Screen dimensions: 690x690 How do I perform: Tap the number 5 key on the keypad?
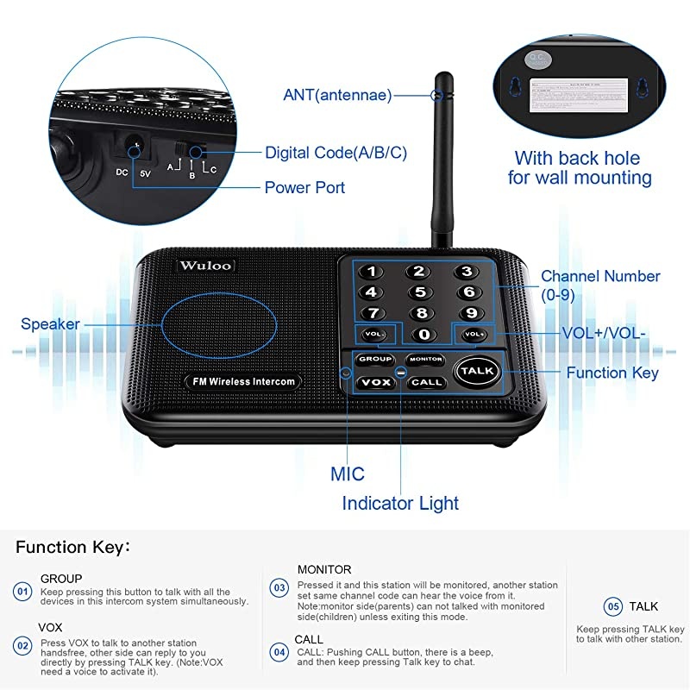[419, 292]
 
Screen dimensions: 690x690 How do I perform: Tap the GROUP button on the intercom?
[375, 359]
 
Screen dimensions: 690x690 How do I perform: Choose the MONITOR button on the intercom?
[425, 359]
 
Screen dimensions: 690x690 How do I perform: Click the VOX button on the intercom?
[375, 381]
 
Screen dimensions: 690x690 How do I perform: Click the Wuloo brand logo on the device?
[205, 265]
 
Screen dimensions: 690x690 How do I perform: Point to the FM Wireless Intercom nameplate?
[240, 380]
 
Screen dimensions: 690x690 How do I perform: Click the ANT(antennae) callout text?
[337, 95]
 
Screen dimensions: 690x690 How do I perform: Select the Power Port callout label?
[304, 187]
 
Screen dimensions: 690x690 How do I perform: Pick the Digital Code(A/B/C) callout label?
[336, 153]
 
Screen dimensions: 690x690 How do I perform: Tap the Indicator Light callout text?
[400, 503]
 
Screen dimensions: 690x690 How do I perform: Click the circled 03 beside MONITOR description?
[279, 588]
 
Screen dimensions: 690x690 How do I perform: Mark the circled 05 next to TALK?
[612, 606]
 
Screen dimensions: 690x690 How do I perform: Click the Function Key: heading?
[72, 547]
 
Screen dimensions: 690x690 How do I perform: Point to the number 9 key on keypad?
[471, 312]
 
